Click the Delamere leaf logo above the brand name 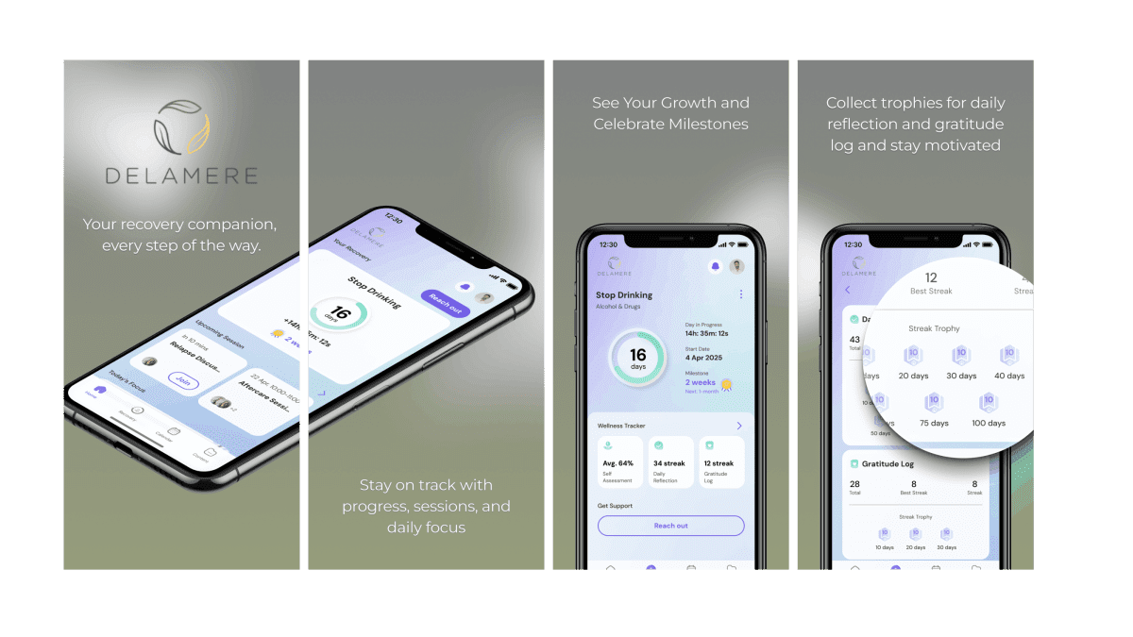(181, 127)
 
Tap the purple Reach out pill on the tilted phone (445, 303)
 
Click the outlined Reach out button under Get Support (670, 526)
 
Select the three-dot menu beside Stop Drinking (741, 294)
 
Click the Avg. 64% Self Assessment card (620, 462)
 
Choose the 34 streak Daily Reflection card (669, 462)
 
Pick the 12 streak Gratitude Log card (719, 462)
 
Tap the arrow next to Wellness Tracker (739, 426)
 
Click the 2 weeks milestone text (701, 382)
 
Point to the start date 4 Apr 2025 (703, 359)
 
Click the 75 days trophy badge (934, 407)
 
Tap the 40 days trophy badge (1008, 360)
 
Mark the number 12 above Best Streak (931, 277)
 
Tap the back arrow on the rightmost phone (847, 290)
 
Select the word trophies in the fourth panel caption (908, 103)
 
